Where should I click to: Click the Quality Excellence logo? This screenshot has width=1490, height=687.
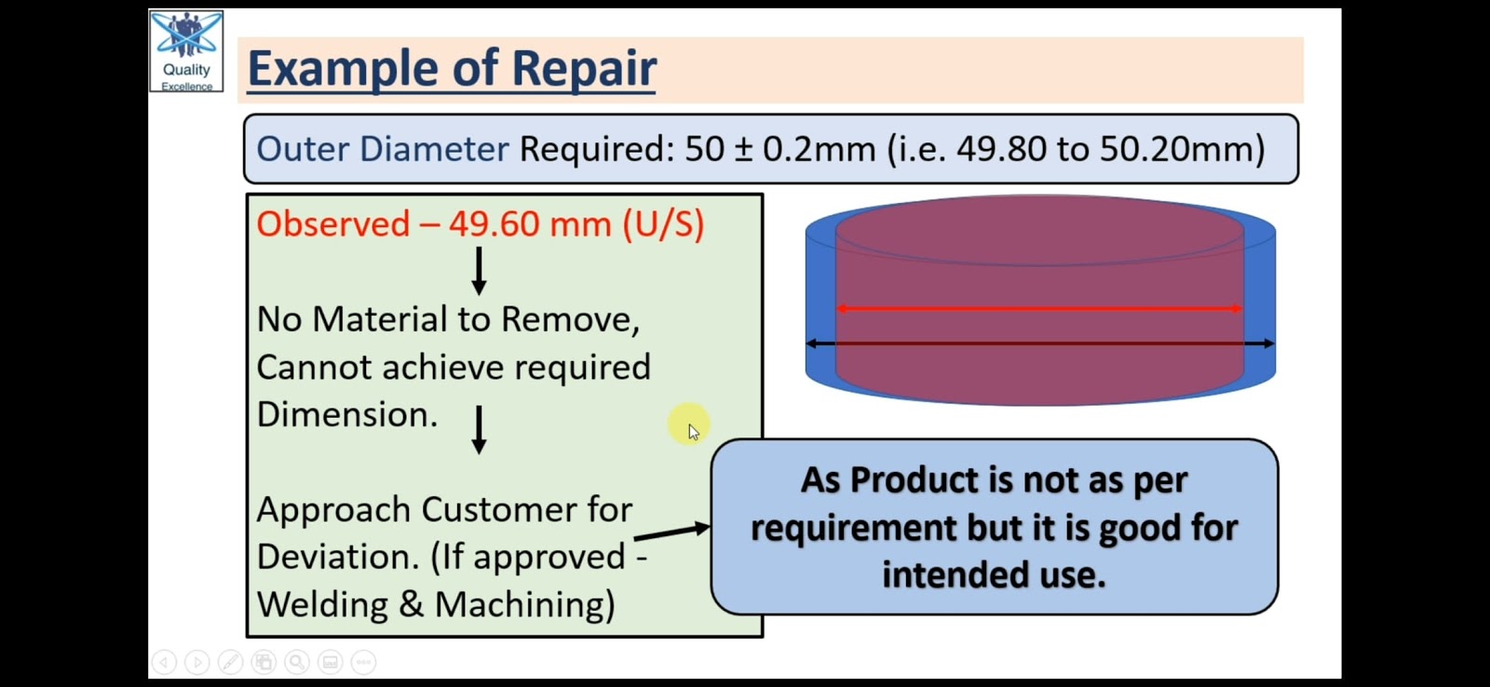tap(186, 51)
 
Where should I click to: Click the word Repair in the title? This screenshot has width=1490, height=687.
tap(584, 69)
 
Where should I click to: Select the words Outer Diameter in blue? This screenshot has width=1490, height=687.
tap(383, 148)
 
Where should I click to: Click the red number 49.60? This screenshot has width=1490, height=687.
tap(494, 224)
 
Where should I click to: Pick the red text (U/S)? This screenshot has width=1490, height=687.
tap(663, 224)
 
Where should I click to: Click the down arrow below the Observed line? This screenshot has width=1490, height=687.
tap(479, 271)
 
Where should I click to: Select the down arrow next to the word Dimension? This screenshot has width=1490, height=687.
tap(479, 430)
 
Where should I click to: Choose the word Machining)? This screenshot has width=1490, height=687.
tap(525, 605)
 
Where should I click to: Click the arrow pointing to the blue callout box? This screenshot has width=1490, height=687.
tap(671, 532)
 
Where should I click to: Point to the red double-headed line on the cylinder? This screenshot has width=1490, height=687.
tap(1039, 308)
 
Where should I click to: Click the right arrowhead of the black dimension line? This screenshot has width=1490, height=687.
tap(1268, 343)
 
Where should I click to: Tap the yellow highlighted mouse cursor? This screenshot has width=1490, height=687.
tap(690, 424)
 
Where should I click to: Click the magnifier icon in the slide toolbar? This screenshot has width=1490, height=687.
tap(297, 662)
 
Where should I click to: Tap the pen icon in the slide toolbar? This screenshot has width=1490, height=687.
tap(230, 662)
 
